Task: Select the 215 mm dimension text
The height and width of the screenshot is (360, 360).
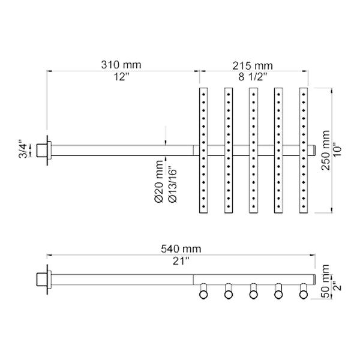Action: click(253, 64)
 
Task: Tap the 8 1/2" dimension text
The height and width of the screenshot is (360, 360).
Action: click(253, 77)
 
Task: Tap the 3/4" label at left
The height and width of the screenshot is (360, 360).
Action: click(23, 149)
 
